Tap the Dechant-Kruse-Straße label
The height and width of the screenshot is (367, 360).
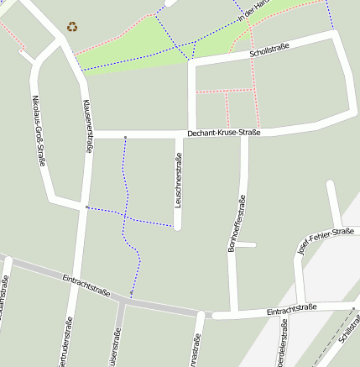223,133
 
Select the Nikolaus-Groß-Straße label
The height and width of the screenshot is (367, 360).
38,131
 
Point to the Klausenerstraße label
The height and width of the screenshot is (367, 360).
88,127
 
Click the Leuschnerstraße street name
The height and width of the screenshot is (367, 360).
178,182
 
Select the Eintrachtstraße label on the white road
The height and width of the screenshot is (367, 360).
291,310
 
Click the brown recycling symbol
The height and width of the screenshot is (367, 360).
72,27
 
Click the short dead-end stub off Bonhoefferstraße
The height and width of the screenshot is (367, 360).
245,245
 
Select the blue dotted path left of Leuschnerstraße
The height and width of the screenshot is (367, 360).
126,193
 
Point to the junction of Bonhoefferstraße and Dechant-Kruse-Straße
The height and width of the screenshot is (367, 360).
244,134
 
